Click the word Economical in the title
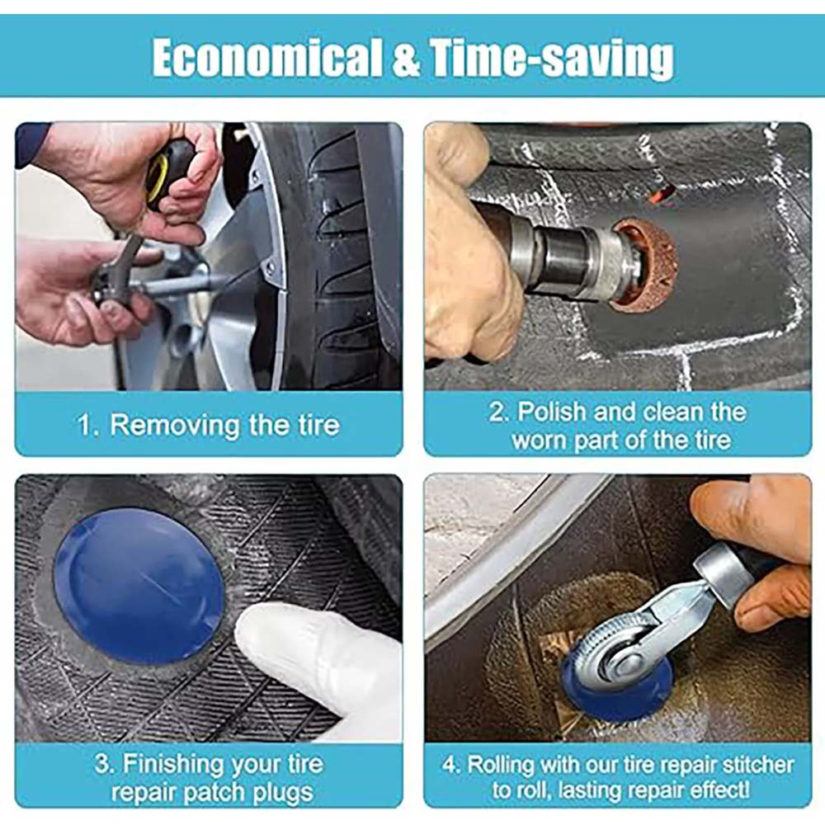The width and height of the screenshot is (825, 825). coord(267,59)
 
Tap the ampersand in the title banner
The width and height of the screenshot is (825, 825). coord(406,59)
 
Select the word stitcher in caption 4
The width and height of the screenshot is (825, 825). coord(758,765)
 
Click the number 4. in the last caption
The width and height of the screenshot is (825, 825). coord(451,765)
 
